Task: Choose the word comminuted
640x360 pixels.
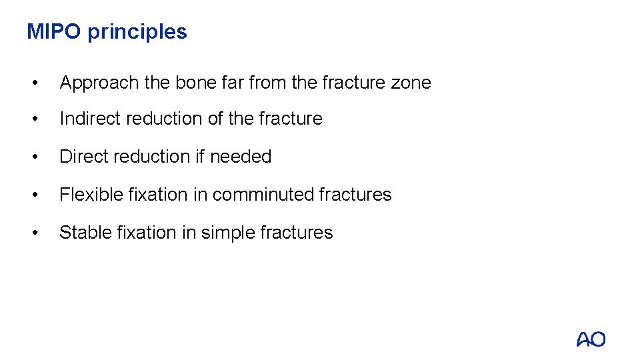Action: point(263,195)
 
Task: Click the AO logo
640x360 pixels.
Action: point(591,339)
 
